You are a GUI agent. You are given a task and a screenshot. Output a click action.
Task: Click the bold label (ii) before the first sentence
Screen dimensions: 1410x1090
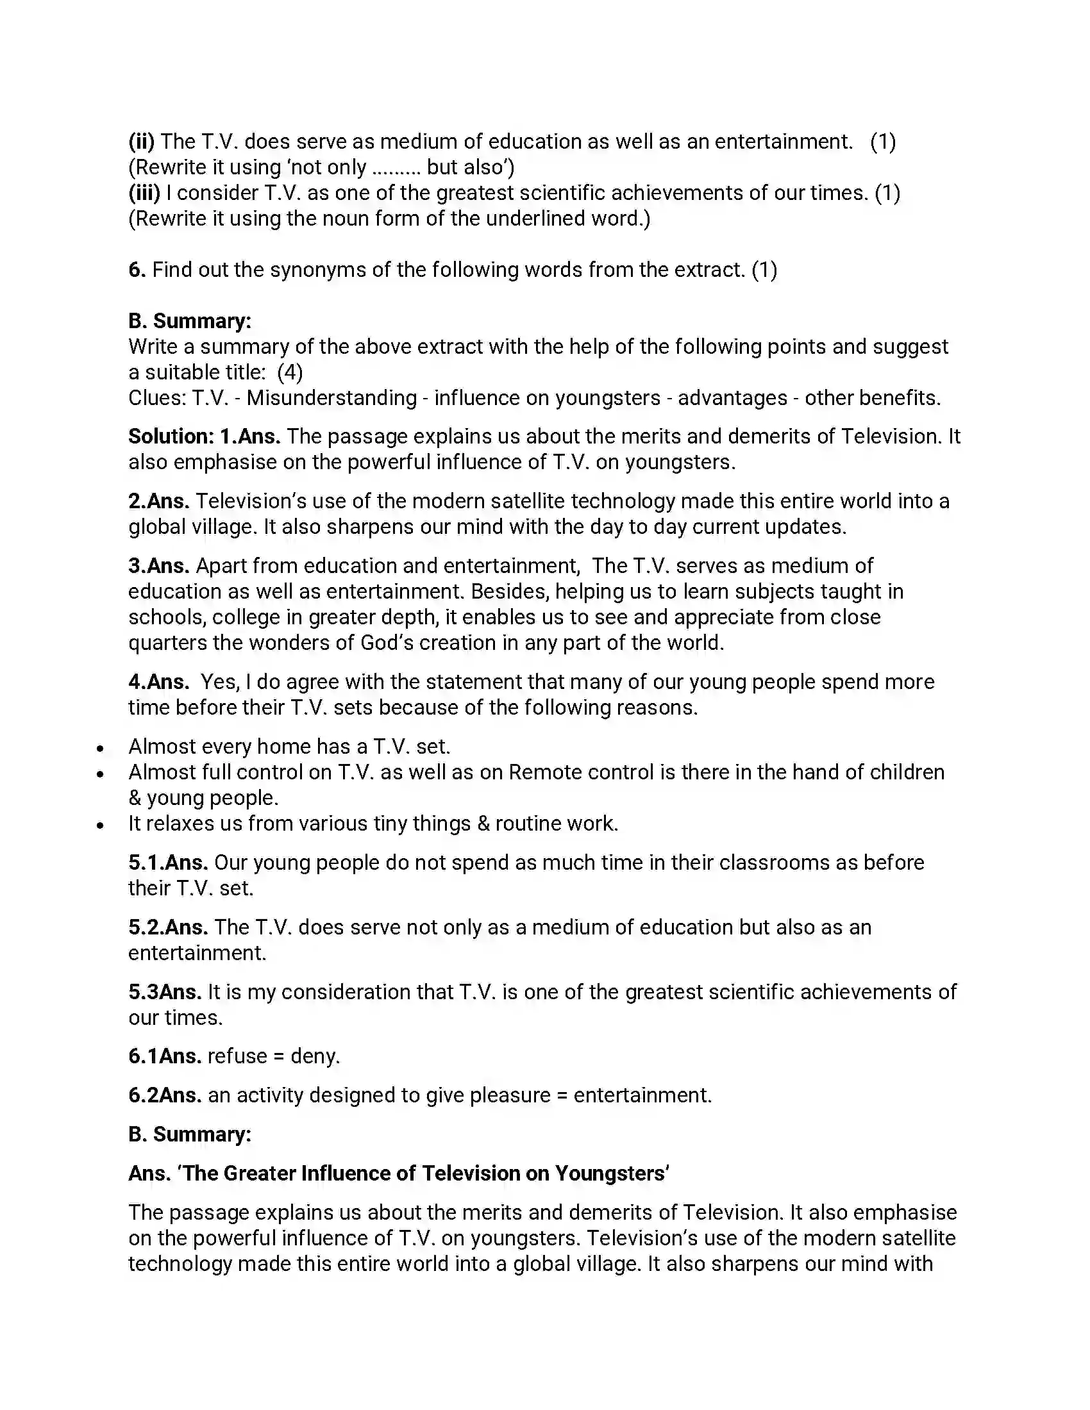point(142,142)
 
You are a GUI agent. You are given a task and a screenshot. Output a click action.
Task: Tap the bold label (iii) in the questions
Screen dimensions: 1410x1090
point(144,193)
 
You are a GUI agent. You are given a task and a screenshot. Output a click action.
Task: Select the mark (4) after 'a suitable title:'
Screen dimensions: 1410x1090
point(290,372)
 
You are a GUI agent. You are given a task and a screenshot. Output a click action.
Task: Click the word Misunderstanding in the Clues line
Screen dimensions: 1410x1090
point(331,399)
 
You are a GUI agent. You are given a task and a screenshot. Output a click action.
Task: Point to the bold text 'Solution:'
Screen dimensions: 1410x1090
point(171,436)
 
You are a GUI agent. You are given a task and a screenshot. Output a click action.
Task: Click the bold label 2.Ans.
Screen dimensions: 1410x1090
point(158,501)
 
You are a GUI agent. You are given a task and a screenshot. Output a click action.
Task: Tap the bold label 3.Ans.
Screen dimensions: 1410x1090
point(158,565)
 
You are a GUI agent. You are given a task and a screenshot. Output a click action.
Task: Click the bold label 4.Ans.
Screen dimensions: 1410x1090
point(158,682)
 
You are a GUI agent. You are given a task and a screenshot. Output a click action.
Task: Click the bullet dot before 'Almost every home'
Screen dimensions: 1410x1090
point(100,748)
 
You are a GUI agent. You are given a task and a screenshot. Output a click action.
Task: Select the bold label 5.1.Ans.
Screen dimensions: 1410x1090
point(168,863)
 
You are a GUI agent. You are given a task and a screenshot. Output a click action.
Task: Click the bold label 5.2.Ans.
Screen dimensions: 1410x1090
point(168,927)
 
